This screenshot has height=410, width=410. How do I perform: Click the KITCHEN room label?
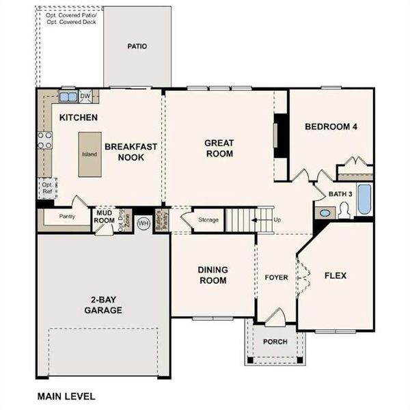click(78, 118)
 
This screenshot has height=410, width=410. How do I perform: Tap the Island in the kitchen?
click(90, 154)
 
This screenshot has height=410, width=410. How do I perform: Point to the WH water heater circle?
click(143, 223)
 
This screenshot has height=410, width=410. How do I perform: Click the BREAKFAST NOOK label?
click(131, 152)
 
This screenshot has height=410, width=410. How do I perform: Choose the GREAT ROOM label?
click(219, 148)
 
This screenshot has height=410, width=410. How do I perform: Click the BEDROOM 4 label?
click(331, 127)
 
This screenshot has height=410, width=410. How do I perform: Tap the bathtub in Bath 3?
click(364, 200)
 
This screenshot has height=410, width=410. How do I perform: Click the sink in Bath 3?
click(325, 213)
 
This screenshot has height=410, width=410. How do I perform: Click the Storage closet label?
click(208, 220)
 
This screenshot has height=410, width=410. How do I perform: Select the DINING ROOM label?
click(213, 275)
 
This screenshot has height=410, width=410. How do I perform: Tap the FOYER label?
click(276, 277)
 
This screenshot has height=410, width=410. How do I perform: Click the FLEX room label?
click(335, 276)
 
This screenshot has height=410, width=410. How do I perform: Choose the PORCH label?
click(275, 342)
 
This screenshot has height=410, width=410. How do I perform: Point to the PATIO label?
click(137, 46)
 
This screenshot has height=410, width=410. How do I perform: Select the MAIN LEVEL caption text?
click(66, 396)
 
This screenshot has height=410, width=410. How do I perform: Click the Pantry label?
click(67, 217)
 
